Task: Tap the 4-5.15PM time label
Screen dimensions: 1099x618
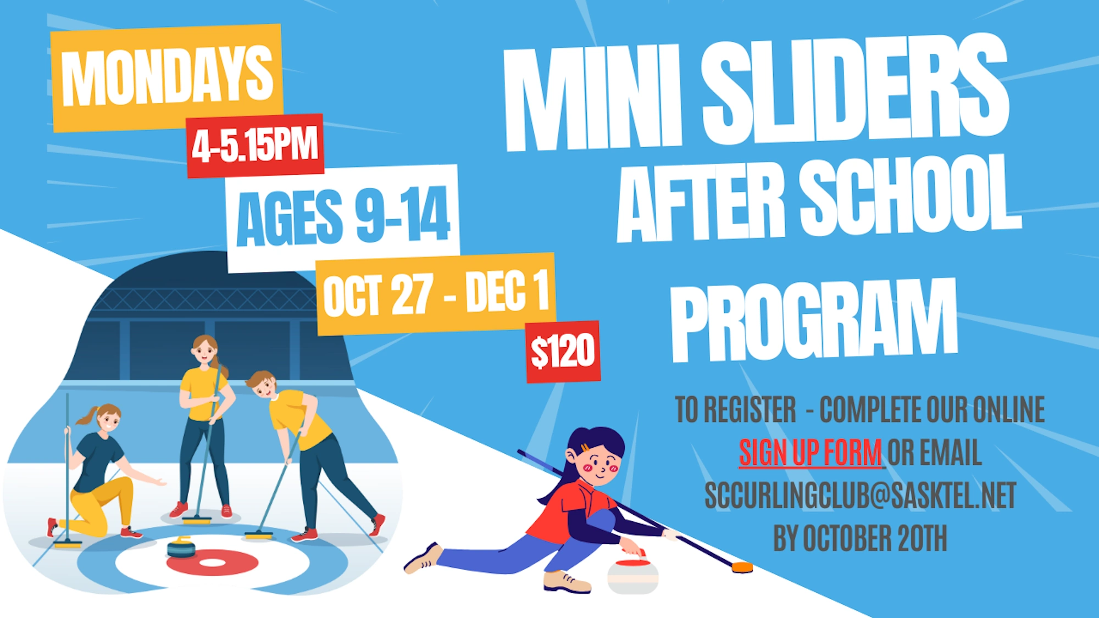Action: pos(255,144)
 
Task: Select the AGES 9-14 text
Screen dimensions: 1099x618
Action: pos(343,216)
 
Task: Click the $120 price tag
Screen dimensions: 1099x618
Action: pos(563,352)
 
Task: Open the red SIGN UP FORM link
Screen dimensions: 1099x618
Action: pos(811,453)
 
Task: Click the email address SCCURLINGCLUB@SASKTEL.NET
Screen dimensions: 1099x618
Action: pos(861,495)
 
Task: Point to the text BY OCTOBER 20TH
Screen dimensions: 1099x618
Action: pos(861,538)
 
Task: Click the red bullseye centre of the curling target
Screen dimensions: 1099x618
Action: pos(212,563)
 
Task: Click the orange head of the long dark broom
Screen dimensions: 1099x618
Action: pos(742,567)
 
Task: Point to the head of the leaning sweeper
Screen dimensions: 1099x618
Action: pos(263,385)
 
